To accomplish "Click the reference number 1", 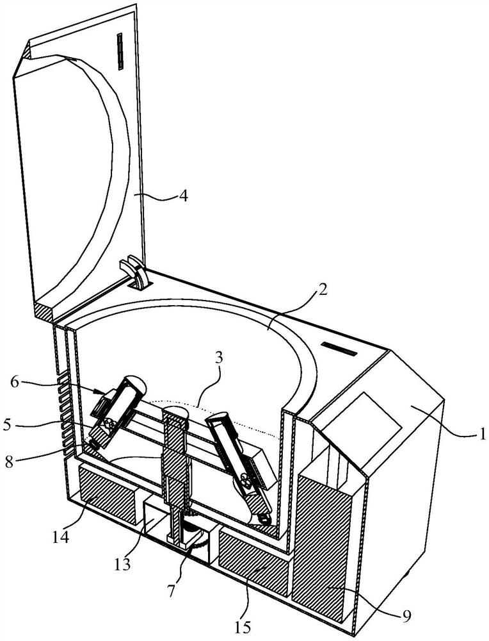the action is (x=482, y=433).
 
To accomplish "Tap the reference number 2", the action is (x=322, y=290).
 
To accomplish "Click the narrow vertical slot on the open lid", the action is (x=120, y=52).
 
